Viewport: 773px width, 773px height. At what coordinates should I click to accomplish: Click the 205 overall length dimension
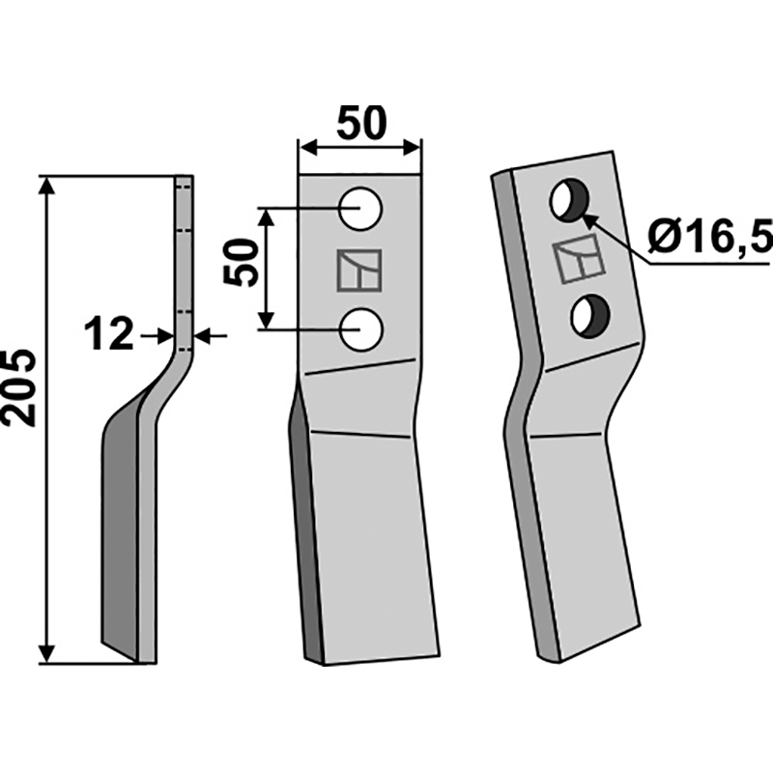(x=20, y=386)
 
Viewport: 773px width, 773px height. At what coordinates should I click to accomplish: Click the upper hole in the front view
(x=360, y=210)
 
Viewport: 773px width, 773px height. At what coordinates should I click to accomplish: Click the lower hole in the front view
(x=360, y=329)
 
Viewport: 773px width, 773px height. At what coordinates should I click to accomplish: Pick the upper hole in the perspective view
(x=568, y=199)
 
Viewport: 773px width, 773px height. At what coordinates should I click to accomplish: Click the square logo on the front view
(x=359, y=272)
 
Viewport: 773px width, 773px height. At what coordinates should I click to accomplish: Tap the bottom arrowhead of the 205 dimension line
(x=45, y=656)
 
